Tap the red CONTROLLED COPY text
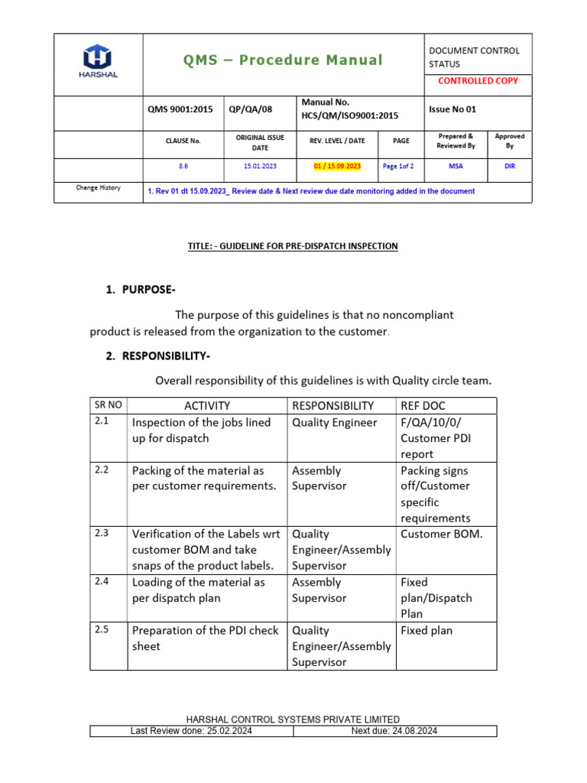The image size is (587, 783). click(478, 80)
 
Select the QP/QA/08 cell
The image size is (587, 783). click(251, 109)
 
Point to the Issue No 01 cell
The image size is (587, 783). click(452, 109)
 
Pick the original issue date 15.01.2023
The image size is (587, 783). click(261, 165)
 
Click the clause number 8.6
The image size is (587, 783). click(183, 165)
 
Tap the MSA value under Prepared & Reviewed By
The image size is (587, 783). click(456, 165)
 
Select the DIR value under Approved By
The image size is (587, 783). click(510, 165)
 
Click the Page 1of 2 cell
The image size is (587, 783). click(398, 165)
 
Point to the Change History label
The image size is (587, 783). click(98, 188)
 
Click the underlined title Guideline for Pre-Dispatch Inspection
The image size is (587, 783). click(293, 245)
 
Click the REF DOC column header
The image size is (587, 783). click(424, 406)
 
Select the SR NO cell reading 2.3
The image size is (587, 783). click(102, 534)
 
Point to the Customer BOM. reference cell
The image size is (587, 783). click(442, 534)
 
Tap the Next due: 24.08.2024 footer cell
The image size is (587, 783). click(394, 731)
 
